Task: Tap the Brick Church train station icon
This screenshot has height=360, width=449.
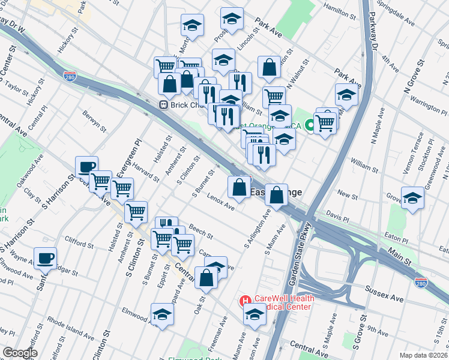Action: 162,105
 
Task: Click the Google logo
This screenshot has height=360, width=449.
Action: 20,353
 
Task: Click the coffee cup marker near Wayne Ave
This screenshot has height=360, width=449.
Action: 45,259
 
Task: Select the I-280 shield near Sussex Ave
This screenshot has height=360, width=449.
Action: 422,282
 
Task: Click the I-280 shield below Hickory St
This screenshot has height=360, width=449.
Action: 70,76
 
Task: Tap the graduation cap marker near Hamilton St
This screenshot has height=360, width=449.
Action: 232,19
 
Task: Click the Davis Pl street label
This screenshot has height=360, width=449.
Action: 337,214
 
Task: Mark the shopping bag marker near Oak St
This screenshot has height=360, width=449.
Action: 206,278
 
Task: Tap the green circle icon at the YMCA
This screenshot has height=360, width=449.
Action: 310,125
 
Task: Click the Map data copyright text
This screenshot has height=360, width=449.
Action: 423,355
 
